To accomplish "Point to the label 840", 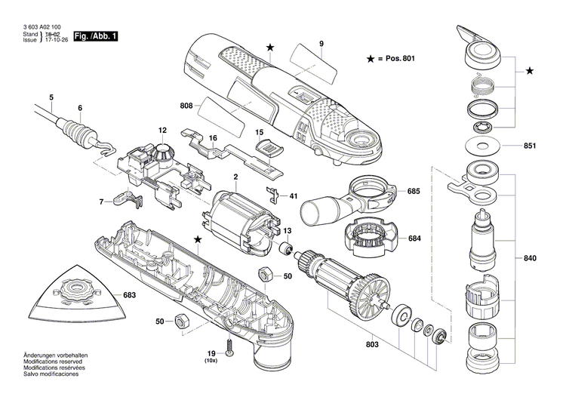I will click(530, 259).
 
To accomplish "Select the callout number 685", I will click(392, 192).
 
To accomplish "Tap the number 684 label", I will click(392, 239).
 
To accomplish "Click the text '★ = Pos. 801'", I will click(391, 59).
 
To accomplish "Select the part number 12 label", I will click(161, 130).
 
